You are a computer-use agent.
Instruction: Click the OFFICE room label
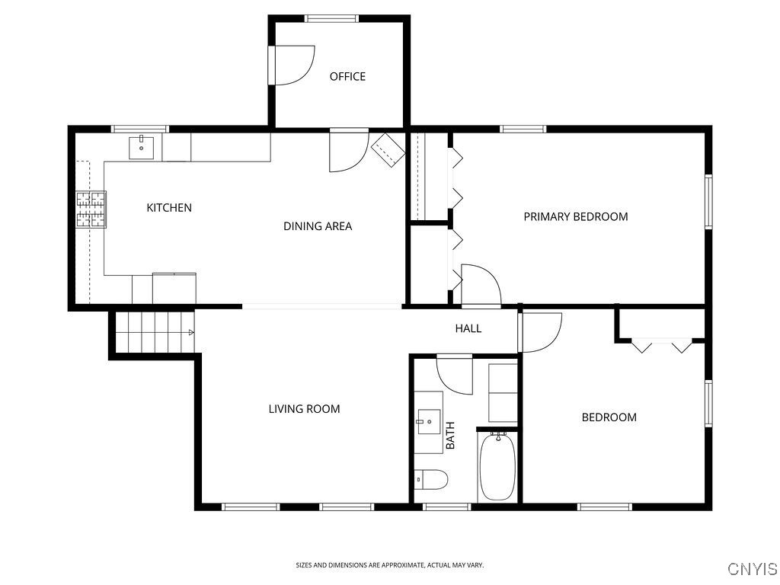[347, 76]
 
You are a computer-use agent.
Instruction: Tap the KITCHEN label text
[169, 207]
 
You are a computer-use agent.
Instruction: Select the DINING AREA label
[318, 225]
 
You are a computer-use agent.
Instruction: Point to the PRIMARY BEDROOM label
[576, 216]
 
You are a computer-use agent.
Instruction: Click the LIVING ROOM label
[304, 409]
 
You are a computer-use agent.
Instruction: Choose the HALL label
[468, 328]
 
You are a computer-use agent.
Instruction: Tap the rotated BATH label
[450, 435]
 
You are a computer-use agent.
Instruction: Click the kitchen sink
[142, 147]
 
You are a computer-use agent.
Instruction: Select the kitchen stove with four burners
[91, 209]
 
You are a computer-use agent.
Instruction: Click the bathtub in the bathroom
[498, 465]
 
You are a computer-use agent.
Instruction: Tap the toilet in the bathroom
[431, 480]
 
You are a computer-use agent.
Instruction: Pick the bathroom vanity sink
[428, 419]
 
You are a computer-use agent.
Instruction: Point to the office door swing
[292, 66]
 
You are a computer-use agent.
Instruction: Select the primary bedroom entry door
[480, 285]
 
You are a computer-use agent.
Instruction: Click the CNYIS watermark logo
[752, 569]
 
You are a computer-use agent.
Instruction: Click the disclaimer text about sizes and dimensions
[389, 565]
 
